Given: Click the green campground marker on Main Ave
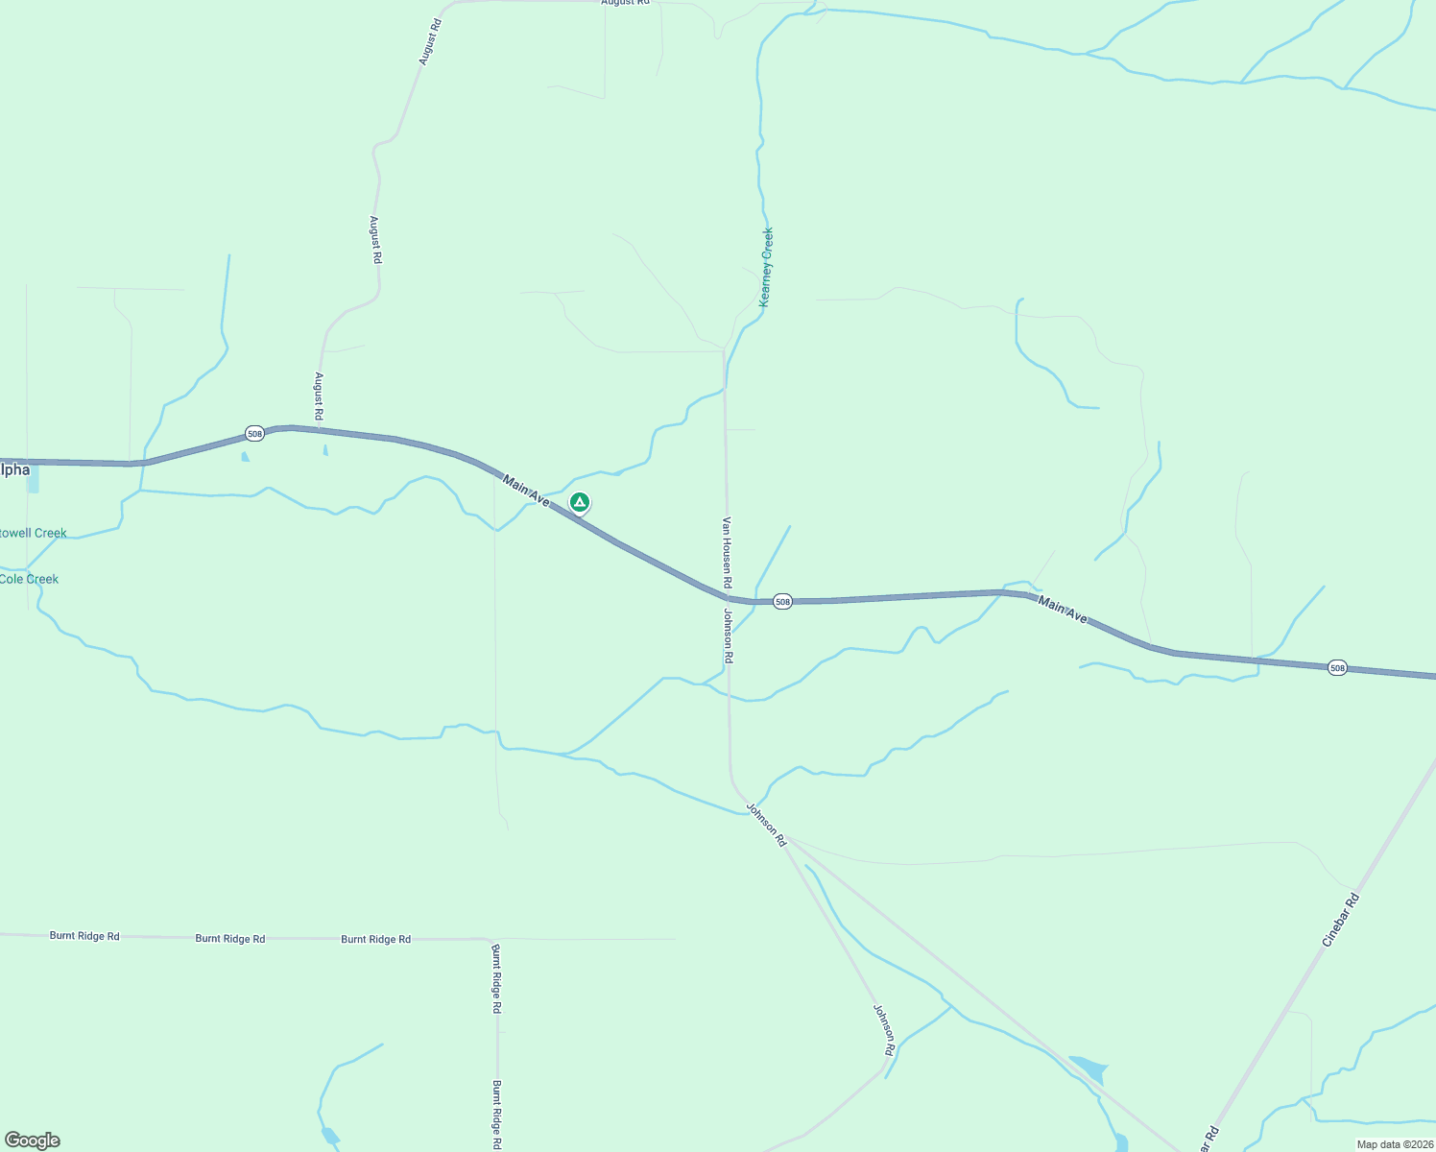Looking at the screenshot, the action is coord(579,502).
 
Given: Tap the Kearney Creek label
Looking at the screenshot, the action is coord(765,267).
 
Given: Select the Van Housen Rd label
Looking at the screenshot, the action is coord(728,553).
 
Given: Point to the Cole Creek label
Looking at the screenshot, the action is coord(29,579).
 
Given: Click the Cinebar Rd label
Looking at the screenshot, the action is coord(1341,920).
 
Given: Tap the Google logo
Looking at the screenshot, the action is coord(33,1140).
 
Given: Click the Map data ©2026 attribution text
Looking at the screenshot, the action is coord(1394,1144).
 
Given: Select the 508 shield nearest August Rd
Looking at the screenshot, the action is coord(254,434).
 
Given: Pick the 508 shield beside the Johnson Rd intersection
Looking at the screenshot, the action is coord(782,602).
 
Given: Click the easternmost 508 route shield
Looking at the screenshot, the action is coord(1337,667).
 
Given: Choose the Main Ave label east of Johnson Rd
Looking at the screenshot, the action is coord(1063,611).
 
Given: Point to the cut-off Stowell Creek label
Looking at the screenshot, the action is coord(34,533).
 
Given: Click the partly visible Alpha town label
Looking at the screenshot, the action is coord(15,469).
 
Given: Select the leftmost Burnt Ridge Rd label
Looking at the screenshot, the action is coord(84,935).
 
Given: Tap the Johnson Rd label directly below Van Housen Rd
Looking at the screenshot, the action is coord(729,636).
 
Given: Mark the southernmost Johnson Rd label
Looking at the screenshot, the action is coord(884,1029).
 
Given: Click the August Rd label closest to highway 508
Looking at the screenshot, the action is coord(319,397).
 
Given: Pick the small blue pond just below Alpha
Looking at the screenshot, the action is coord(34,482).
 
